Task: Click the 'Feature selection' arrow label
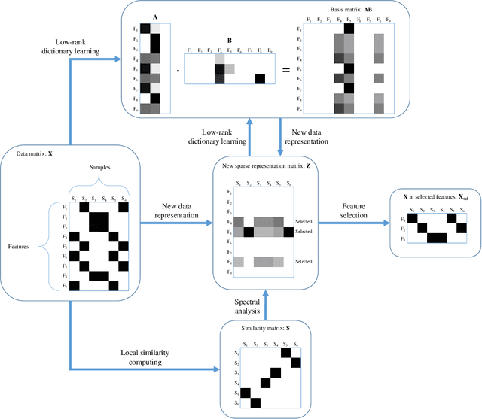point(355,210)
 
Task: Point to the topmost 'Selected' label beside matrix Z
point(304,222)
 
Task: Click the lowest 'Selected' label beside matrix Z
point(304,261)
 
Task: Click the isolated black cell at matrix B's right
point(259,77)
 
